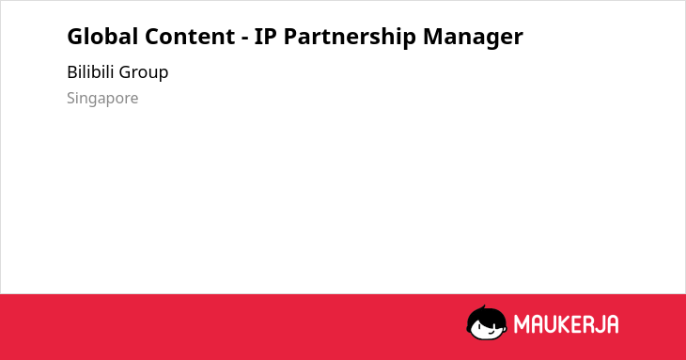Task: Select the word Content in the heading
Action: pos(190,37)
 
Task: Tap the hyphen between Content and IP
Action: pos(244,39)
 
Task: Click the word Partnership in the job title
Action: pos(350,37)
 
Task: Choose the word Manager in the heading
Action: pos(473,38)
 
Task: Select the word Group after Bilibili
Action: pos(144,72)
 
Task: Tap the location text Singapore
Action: pos(102,99)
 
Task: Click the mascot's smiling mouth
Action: pos(491,333)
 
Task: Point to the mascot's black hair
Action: pos(486,316)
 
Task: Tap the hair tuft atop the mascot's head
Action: pos(483,307)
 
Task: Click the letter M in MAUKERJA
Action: pos(522,324)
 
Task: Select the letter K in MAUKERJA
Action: pos(566,324)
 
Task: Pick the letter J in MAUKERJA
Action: pos(600,324)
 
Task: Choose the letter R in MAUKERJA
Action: pos(588,324)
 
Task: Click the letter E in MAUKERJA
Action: pos(577,324)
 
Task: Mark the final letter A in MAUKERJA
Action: pos(613,324)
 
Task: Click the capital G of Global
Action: pos(75,37)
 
